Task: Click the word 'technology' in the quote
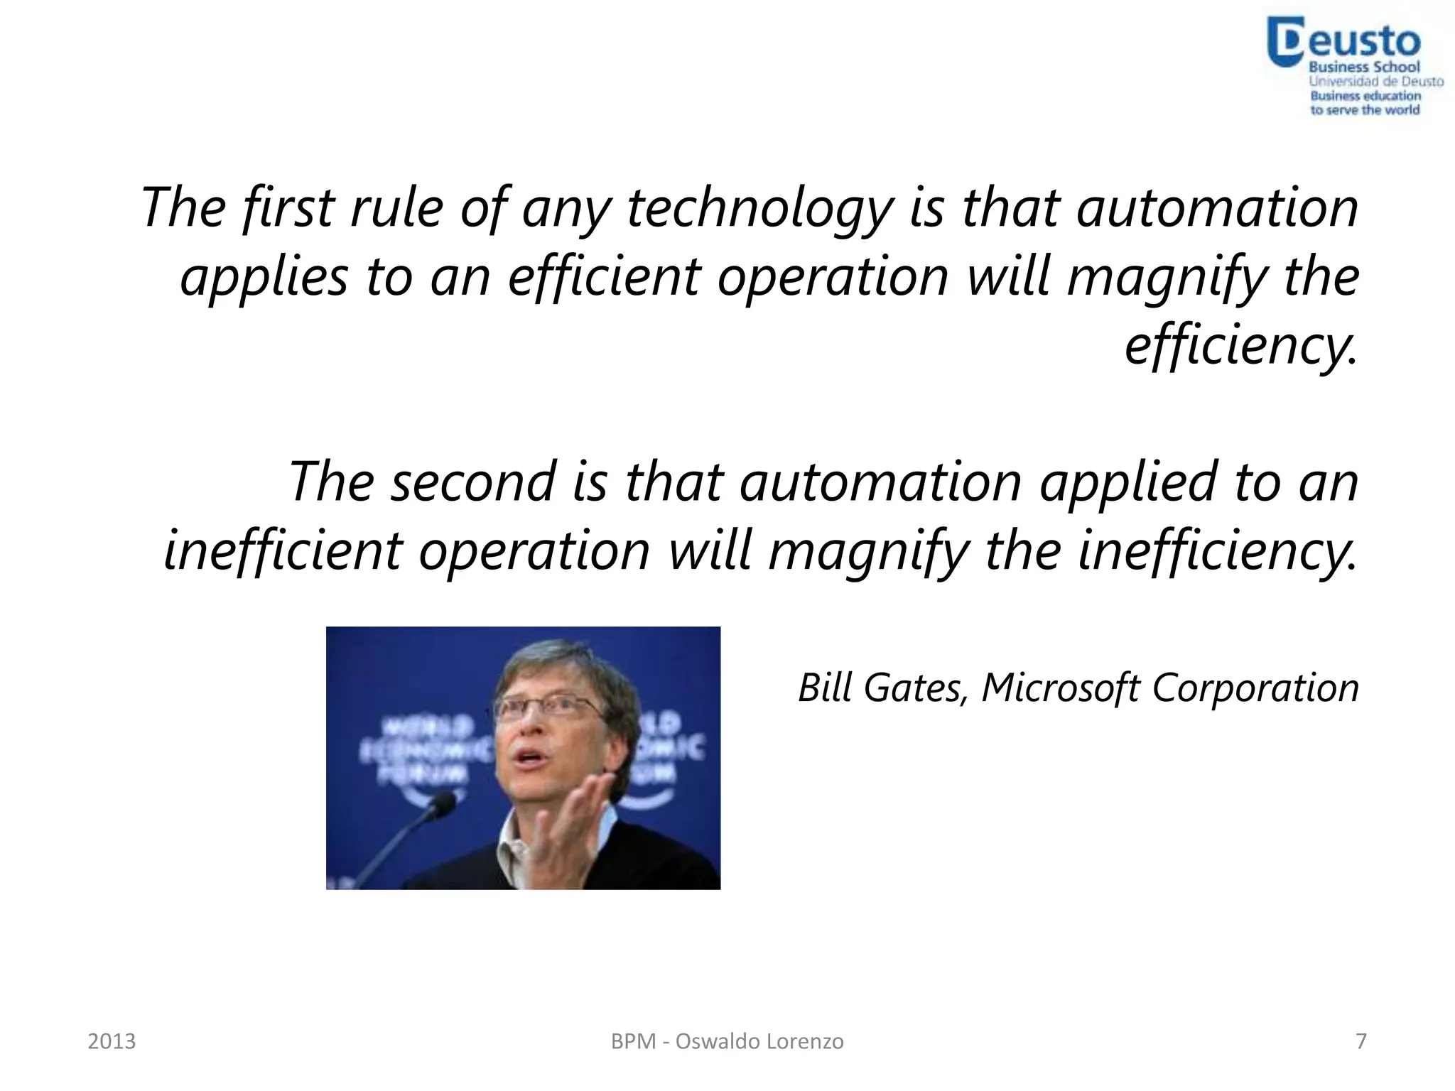759,207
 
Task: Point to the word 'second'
472,482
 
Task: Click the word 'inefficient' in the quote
283,550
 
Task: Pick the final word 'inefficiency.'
1217,550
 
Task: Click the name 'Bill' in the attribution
825,688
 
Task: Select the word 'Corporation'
1255,688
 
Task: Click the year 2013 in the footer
112,1041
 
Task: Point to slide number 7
1361,1041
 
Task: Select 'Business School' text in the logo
1364,67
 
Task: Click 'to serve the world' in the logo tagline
1365,110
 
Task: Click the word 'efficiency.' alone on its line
1240,344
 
